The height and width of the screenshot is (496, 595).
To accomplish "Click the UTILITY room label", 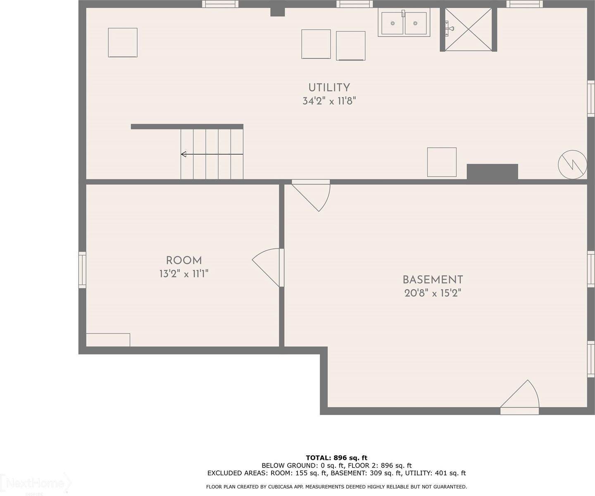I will [329, 88].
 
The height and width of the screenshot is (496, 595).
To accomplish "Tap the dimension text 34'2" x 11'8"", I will [329, 101].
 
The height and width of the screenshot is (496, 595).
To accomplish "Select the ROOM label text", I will [184, 260].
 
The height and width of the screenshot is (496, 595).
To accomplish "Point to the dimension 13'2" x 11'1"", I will [184, 274].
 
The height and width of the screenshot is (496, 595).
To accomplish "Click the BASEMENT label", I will [433, 280].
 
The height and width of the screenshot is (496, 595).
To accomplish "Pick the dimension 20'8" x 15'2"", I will [433, 293].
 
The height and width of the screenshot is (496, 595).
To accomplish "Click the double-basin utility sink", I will [404, 23].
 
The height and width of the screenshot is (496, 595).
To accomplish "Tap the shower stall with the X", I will [469, 29].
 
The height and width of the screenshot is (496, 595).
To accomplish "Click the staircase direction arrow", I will [212, 154].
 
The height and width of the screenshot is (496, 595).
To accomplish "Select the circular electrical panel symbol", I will [572, 164].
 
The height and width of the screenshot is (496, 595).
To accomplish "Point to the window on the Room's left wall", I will [82, 270].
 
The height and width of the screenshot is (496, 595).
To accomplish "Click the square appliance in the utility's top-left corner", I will [123, 43].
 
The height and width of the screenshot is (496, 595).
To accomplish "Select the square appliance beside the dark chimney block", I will [442, 162].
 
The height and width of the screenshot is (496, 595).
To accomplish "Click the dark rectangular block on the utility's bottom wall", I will [492, 172].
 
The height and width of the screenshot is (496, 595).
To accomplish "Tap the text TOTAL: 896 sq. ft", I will [336, 458].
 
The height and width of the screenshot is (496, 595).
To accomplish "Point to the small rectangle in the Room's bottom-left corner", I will [108, 340].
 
